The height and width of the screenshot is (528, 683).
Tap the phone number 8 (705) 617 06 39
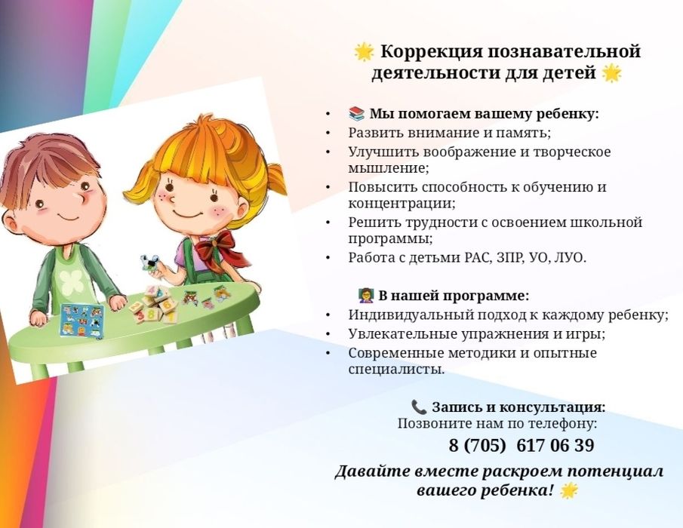point(521,446)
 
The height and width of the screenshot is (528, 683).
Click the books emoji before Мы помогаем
point(356,114)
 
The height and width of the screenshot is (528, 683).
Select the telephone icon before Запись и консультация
point(419,407)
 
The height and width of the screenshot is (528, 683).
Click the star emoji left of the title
point(364,52)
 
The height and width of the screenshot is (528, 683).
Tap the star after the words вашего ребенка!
point(568,491)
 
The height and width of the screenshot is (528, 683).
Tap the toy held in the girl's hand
point(150,264)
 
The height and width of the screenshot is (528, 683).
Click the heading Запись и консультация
point(518,407)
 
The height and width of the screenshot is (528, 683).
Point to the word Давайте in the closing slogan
point(372,471)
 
